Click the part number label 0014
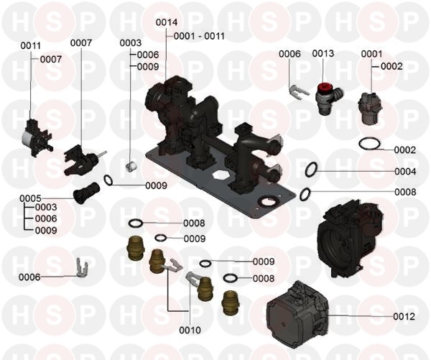tap(167, 22)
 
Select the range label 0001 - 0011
tap(199, 36)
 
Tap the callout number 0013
tap(323, 53)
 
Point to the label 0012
tap(404, 317)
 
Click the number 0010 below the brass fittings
tap(190, 330)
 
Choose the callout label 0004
tap(405, 172)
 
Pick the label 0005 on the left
tap(30, 198)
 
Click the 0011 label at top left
tap(30, 46)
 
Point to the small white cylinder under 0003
tap(131, 167)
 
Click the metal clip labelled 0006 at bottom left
tap(82, 269)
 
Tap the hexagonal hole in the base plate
tap(221, 175)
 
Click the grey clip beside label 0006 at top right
tap(298, 91)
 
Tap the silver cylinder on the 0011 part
tap(27, 137)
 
